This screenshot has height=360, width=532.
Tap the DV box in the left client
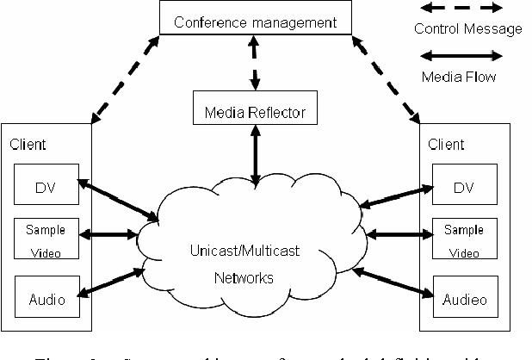click(x=46, y=185)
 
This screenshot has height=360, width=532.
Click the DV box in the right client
click(x=464, y=186)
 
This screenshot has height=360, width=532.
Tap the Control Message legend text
click(x=467, y=29)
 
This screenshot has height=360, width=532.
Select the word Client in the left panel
click(x=29, y=145)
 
